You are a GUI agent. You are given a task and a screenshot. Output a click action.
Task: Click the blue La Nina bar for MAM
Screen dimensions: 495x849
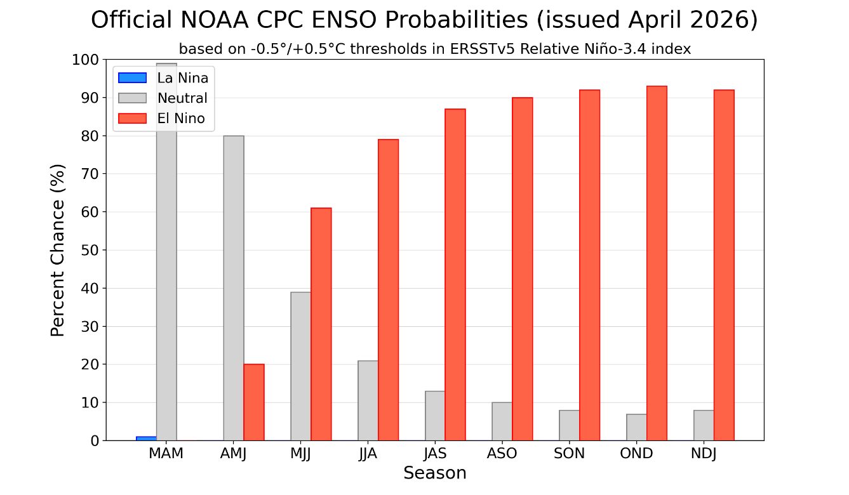point(146,438)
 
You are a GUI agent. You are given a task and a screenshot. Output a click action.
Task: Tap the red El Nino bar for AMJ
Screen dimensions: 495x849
point(254,402)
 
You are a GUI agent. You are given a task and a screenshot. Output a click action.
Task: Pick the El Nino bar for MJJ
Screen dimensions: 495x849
point(321,324)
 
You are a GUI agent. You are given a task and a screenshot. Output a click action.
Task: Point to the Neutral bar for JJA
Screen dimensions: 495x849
point(368,400)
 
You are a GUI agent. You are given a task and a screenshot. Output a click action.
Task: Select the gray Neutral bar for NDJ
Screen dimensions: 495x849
point(704,425)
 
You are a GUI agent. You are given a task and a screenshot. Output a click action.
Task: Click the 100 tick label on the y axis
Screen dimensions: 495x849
point(86,60)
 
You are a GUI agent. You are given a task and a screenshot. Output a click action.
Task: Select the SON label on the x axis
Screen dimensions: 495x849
point(569,454)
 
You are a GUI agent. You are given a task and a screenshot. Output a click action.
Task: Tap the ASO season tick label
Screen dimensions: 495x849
point(502,454)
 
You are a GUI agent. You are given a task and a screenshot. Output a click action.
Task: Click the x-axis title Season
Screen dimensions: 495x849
point(435,473)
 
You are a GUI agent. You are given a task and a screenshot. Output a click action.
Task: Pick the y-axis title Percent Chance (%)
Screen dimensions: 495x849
point(58,250)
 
